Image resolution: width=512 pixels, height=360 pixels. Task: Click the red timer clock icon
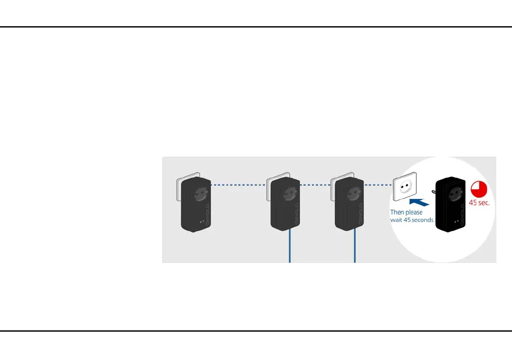(480, 189)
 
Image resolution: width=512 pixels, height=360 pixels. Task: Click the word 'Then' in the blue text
(397, 212)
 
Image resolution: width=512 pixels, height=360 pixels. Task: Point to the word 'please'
(414, 212)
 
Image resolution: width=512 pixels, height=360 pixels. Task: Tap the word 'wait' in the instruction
(396, 220)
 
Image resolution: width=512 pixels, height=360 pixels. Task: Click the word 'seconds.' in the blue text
(424, 220)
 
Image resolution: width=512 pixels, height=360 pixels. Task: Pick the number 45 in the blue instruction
(407, 220)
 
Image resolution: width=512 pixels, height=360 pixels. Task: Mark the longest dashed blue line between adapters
(239, 185)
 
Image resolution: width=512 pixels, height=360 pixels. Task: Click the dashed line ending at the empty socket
(378, 185)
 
